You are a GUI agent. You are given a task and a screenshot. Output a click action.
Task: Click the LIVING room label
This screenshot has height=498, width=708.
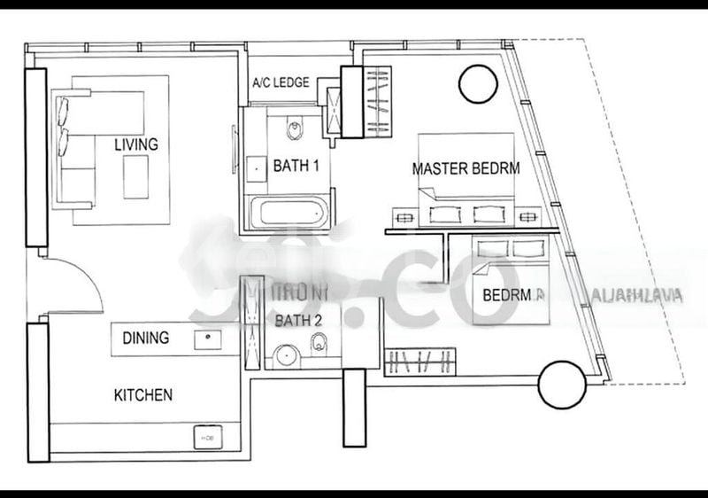click(x=135, y=144)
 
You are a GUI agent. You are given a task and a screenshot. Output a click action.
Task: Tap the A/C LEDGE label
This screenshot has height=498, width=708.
click(x=281, y=83)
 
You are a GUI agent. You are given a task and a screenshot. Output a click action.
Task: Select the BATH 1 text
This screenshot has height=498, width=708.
click(x=297, y=165)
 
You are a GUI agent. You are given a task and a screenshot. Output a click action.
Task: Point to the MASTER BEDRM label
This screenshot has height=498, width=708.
click(x=466, y=168)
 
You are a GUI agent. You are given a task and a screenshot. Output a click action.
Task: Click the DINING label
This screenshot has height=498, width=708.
click(x=146, y=338)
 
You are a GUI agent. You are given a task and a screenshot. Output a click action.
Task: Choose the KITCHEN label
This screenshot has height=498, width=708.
click(x=143, y=395)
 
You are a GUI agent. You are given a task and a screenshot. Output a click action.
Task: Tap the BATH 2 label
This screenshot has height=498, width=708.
click(x=298, y=320)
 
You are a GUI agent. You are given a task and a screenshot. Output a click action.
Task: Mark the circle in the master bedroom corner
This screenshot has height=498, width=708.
click(x=478, y=84)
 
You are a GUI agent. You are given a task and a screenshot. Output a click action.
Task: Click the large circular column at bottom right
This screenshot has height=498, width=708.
click(x=562, y=385)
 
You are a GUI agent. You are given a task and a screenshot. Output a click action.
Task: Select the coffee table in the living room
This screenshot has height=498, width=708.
click(x=136, y=177)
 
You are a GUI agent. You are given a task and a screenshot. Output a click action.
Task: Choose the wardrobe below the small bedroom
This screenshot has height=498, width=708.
click(x=421, y=361)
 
